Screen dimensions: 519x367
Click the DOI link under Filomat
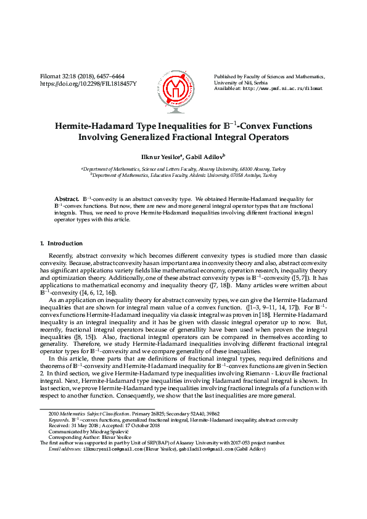pyautogui.click(x=88, y=83)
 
